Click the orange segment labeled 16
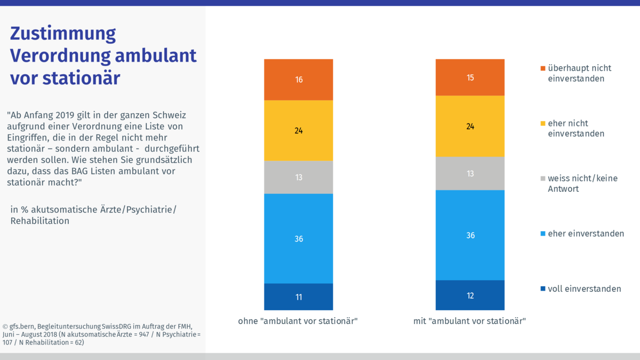click(x=298, y=79)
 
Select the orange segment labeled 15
click(x=470, y=78)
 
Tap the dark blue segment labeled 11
click(x=298, y=297)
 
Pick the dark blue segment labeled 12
click(x=470, y=295)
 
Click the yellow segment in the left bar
click(x=298, y=130)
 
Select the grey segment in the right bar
click(x=470, y=173)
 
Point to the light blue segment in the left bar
click(x=298, y=238)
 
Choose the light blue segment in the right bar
click(x=470, y=235)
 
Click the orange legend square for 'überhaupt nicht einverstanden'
click(x=543, y=68)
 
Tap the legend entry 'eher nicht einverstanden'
click(x=576, y=128)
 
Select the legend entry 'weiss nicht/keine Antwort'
click(x=582, y=183)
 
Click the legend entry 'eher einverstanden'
click(x=586, y=234)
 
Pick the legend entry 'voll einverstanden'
click(x=584, y=289)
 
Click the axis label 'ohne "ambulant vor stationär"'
click(x=298, y=321)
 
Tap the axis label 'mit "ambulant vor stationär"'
click(x=469, y=321)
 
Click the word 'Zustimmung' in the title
click(x=63, y=33)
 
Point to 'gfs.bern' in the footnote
click(x=24, y=326)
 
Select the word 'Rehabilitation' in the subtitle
click(x=40, y=221)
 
